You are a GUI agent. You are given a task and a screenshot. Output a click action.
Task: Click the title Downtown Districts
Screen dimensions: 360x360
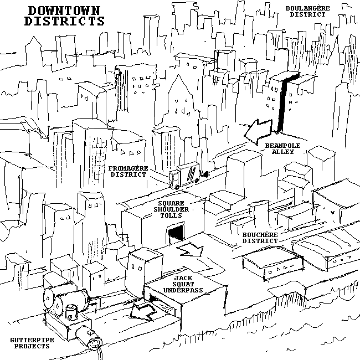coord(65,16)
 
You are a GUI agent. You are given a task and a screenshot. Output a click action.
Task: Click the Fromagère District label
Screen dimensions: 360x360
coord(127,171)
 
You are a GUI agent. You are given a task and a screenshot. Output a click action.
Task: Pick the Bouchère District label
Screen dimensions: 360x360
coord(260,238)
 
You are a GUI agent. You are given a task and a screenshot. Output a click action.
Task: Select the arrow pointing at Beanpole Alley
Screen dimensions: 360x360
coord(259,131)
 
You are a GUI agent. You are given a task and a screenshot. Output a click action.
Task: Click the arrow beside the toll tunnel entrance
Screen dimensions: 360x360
coord(191,250)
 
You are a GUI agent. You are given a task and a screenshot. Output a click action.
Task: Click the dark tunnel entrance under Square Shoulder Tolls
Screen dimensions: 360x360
coord(175,235)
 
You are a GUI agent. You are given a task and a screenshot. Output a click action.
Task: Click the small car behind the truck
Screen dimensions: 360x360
coord(206,174)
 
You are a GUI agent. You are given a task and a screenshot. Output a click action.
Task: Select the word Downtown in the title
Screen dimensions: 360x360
coord(65,11)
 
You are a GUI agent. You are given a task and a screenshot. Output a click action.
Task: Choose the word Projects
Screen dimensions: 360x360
coord(30,346)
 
